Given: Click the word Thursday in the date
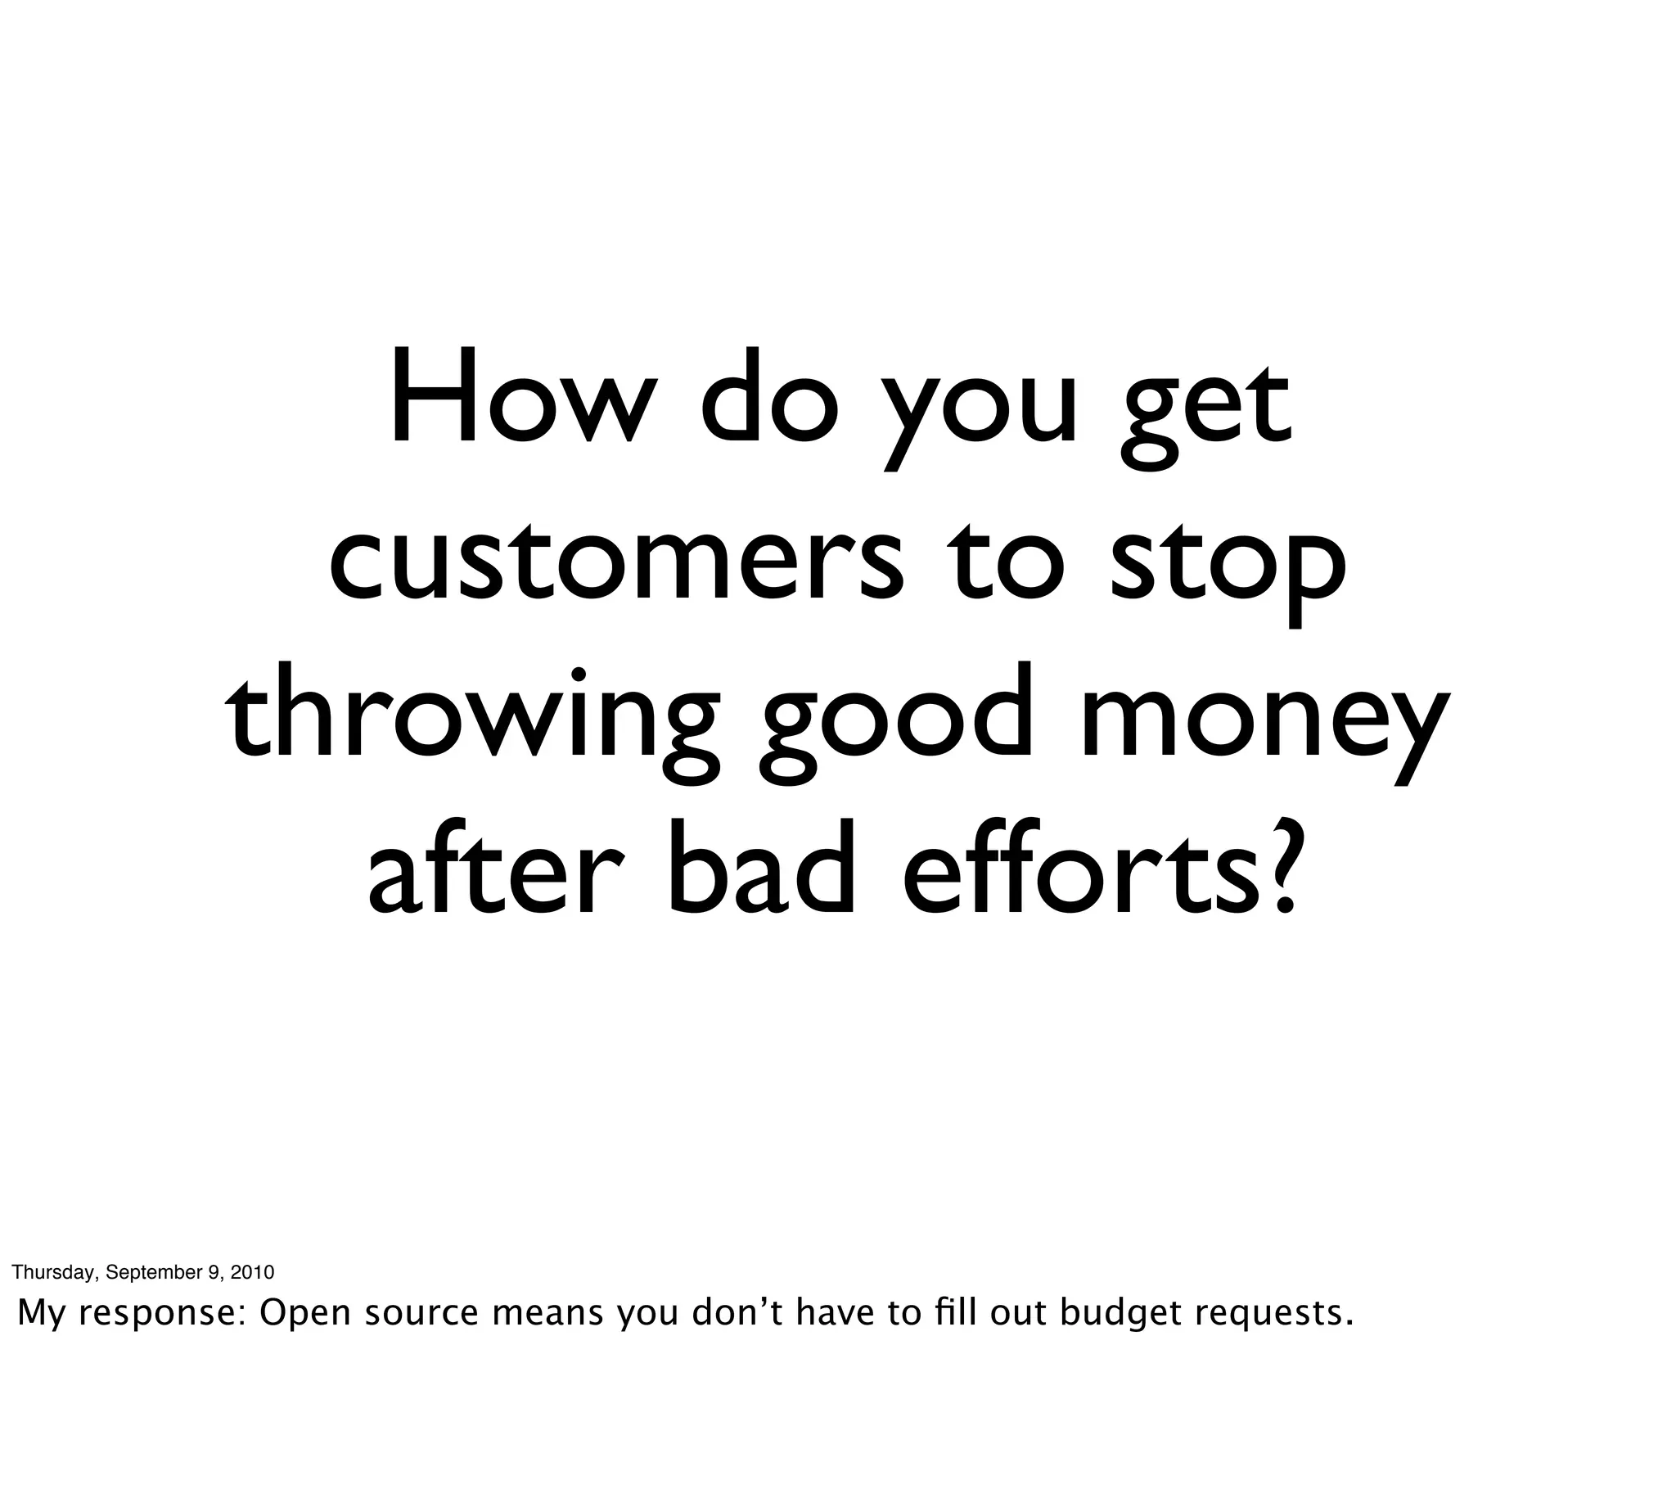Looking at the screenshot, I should click(x=53, y=1273).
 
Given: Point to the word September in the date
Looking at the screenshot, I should click(x=156, y=1273).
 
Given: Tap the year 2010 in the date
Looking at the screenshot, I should click(x=252, y=1272).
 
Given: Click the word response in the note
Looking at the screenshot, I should click(x=161, y=1314).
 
